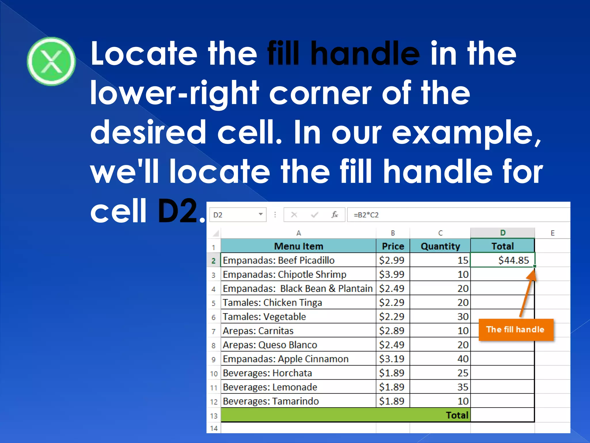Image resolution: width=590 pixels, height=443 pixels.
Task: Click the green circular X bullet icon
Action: tap(51, 61)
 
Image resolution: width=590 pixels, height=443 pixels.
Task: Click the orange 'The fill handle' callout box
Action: tap(516, 330)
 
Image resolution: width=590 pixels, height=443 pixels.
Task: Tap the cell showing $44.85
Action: tap(503, 260)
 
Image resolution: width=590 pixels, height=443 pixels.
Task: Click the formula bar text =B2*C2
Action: tap(366, 215)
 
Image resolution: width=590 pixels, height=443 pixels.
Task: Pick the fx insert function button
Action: tap(334, 215)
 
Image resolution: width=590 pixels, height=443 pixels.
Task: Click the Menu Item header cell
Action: tap(298, 246)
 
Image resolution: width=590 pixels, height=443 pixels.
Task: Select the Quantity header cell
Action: tap(440, 246)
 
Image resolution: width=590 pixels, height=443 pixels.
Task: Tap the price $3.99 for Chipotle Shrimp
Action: tap(392, 274)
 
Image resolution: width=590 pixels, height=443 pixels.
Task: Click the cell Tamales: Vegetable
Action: tap(264, 317)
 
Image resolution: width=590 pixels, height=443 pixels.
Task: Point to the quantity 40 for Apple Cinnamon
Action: tap(463, 359)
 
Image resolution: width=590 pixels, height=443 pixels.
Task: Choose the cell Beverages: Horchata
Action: tap(267, 373)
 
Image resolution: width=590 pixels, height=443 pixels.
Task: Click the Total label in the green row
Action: tap(457, 415)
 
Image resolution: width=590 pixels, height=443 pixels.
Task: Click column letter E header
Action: tap(552, 233)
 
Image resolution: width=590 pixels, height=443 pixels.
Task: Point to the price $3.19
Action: tap(392, 359)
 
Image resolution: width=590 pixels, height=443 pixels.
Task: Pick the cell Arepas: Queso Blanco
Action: tap(270, 345)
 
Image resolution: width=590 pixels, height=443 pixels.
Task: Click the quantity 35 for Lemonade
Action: tap(463, 387)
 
